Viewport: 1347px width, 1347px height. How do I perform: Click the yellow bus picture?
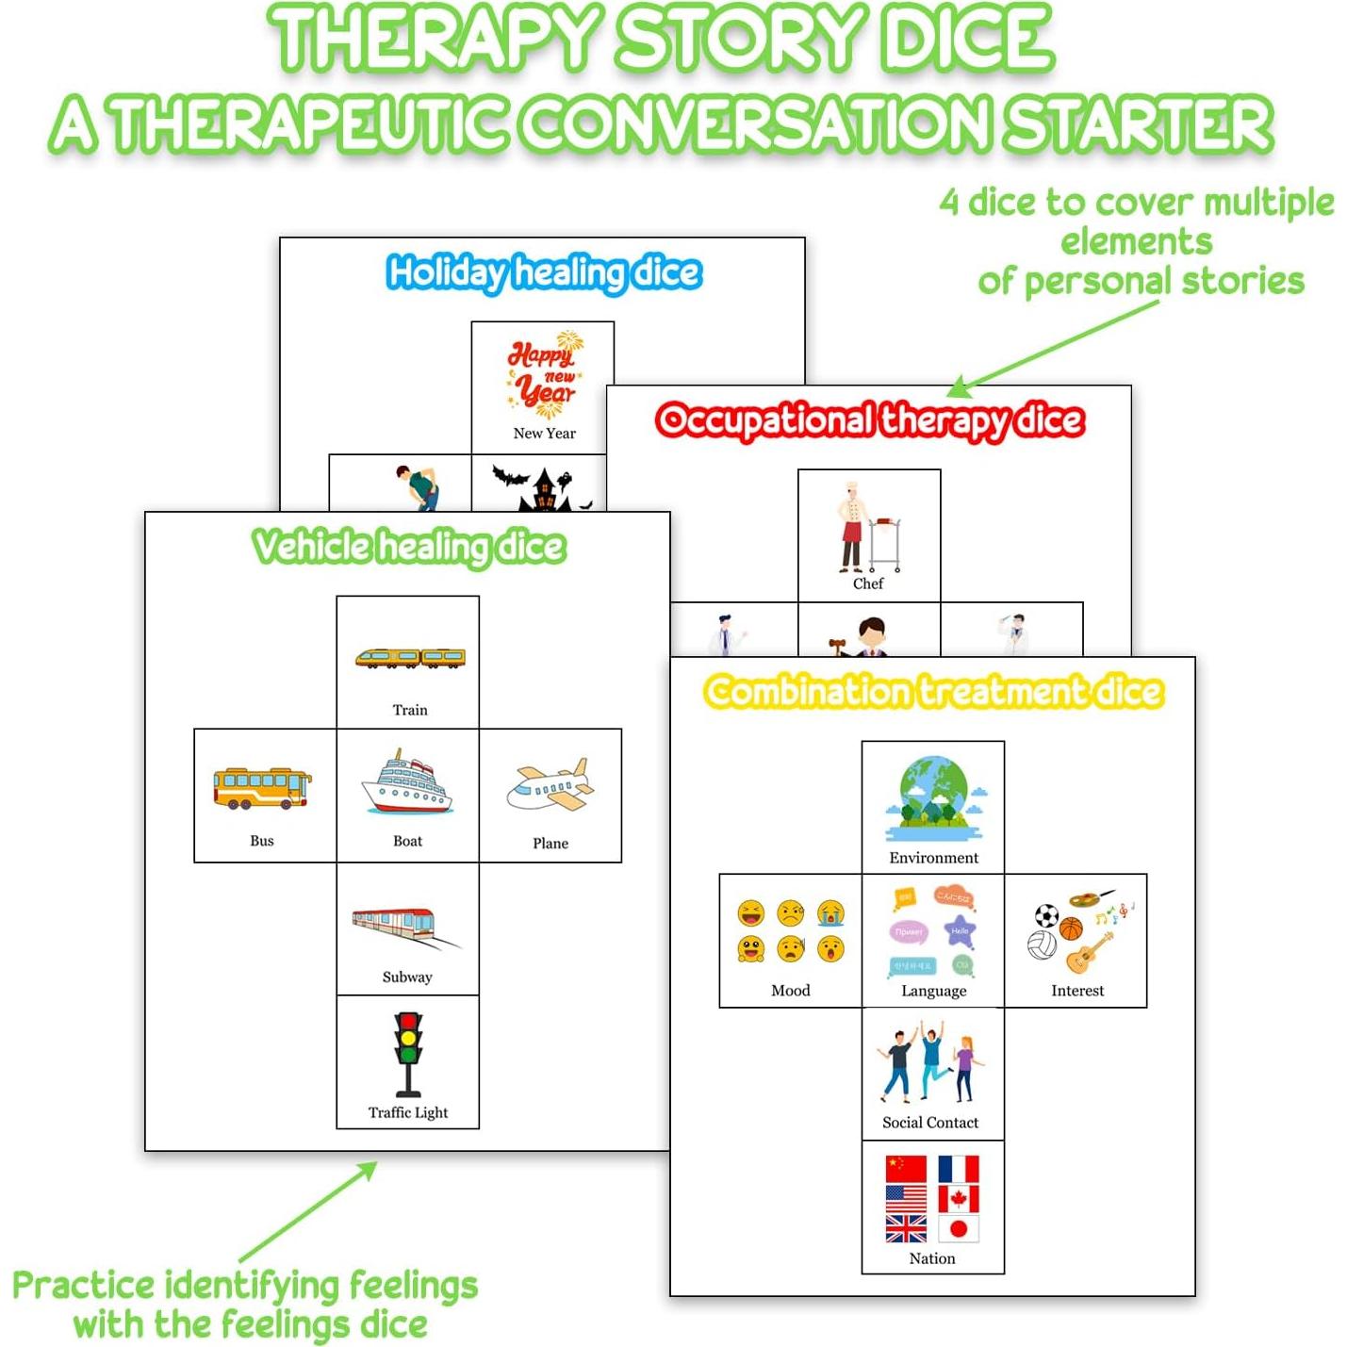[262, 788]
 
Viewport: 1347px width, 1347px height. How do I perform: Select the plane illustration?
[550, 786]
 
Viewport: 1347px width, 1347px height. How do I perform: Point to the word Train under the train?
[410, 710]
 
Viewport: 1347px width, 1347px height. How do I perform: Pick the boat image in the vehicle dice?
[407, 782]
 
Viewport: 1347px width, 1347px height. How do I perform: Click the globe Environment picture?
[934, 797]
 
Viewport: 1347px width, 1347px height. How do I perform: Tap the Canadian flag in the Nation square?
[959, 1199]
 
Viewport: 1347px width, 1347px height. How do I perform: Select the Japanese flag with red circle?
[959, 1228]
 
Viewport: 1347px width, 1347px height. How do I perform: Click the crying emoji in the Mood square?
[830, 912]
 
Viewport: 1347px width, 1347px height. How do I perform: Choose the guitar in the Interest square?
[1089, 952]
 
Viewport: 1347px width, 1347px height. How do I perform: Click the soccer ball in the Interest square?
[1047, 915]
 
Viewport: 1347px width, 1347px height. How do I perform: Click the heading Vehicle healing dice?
[408, 547]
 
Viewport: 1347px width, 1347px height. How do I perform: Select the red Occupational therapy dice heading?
[869, 420]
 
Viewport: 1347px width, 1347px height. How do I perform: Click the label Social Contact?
[930, 1123]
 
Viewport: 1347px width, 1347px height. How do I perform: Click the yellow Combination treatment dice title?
[934, 692]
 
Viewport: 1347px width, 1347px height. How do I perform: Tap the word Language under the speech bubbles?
[933, 991]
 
